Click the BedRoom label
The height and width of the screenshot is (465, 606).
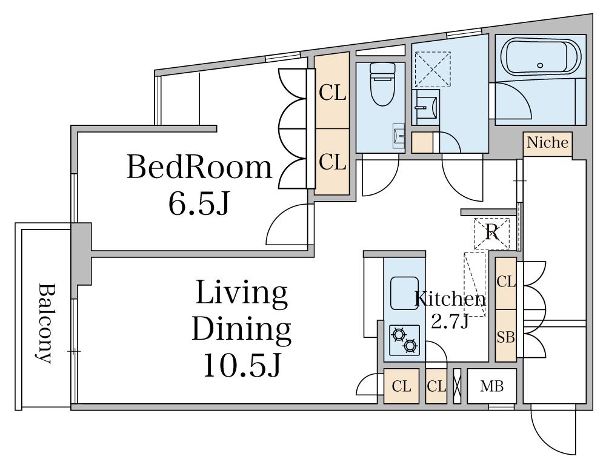click(199, 167)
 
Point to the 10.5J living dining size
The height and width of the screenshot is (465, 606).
click(242, 365)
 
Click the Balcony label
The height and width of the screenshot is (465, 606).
click(45, 324)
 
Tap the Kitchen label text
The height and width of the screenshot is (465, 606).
click(450, 299)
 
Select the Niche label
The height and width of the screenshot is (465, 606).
click(548, 142)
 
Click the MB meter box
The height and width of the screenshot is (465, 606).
click(491, 386)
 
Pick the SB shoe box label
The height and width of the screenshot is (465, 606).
click(506, 337)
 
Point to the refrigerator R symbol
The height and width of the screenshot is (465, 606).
click(492, 232)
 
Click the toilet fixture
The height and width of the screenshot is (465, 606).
click(382, 84)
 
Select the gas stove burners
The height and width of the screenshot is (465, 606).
click(405, 340)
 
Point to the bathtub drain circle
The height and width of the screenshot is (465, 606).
click(540, 65)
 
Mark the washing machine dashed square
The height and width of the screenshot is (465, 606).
click(433, 69)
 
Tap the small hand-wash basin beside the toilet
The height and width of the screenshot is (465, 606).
click(399, 136)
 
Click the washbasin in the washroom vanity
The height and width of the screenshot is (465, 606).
click(427, 107)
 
